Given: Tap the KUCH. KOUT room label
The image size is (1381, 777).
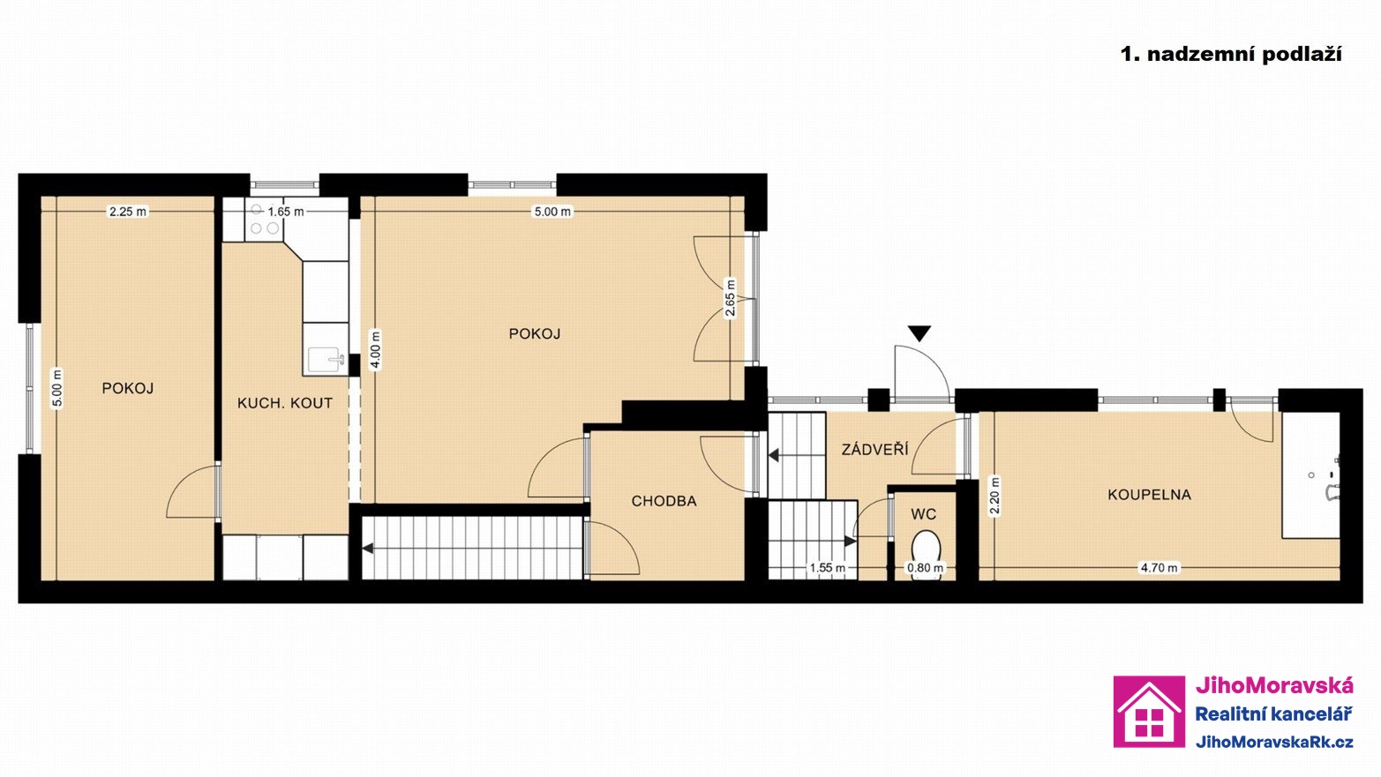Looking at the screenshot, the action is click(285, 403).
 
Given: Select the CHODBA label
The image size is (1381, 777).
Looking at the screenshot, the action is click(664, 501).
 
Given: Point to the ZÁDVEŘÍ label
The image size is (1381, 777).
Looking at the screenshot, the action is click(874, 449).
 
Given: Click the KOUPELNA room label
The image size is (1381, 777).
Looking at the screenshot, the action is click(1149, 494).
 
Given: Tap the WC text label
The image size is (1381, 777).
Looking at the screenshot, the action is click(924, 514).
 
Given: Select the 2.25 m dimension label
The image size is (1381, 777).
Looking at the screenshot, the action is click(128, 212).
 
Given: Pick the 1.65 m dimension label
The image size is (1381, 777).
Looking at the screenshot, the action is click(285, 212).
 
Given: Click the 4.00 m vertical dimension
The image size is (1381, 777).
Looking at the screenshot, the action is click(375, 350).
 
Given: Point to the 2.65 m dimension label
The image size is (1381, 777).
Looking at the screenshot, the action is click(730, 298).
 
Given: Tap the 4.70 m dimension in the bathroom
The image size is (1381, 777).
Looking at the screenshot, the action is click(1159, 567).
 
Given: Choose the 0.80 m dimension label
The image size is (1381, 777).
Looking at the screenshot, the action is click(925, 567).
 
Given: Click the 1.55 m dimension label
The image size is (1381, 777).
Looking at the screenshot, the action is click(828, 567).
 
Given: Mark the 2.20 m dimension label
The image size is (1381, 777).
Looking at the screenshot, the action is click(994, 496).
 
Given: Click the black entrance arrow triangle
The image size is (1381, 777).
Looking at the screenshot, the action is click(919, 333).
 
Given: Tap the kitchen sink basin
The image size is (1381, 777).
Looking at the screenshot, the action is click(325, 360).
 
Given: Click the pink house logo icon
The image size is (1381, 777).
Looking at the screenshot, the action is click(1149, 712).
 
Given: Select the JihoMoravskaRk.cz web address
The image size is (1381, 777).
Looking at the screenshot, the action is click(1274, 743).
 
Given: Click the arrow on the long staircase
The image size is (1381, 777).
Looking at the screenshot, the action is click(367, 549).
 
